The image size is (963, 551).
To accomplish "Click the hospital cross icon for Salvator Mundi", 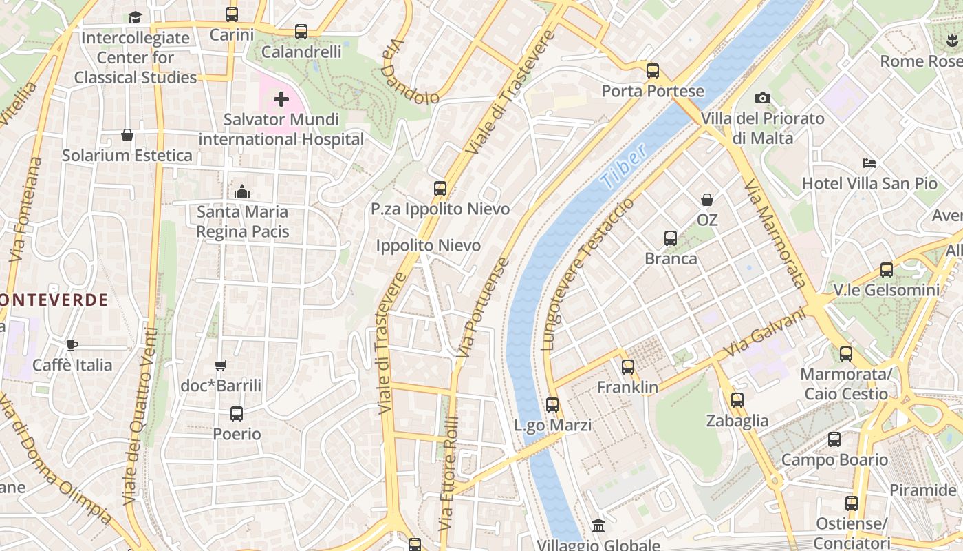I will pyautogui.click(x=281, y=100).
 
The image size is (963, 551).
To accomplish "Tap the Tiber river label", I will pyautogui.click(x=624, y=167).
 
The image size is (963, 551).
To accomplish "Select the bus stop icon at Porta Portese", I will pyautogui.click(x=652, y=71).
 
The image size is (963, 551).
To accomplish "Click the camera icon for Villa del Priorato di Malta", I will pyautogui.click(x=762, y=98).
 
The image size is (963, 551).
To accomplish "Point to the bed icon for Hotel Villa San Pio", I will pyautogui.click(x=869, y=163).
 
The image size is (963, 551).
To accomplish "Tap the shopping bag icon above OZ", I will pyautogui.click(x=706, y=200).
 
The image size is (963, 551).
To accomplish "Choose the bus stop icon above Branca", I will pyautogui.click(x=671, y=239).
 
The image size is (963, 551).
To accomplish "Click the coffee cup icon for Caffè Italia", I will pyautogui.click(x=72, y=345).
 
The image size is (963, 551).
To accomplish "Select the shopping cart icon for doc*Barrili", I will pyautogui.click(x=220, y=366).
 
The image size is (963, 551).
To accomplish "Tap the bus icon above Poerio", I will pyautogui.click(x=237, y=414).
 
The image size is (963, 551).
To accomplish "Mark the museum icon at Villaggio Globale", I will pyautogui.click(x=598, y=526).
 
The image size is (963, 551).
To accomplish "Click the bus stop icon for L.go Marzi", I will pyautogui.click(x=552, y=405).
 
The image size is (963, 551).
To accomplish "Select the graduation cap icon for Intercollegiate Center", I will pyautogui.click(x=136, y=17).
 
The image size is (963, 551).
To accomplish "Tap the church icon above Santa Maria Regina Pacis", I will pyautogui.click(x=242, y=191).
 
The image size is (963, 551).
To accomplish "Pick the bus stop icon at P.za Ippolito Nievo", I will pyautogui.click(x=440, y=189).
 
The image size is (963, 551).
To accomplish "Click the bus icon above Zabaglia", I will pyautogui.click(x=737, y=400).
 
